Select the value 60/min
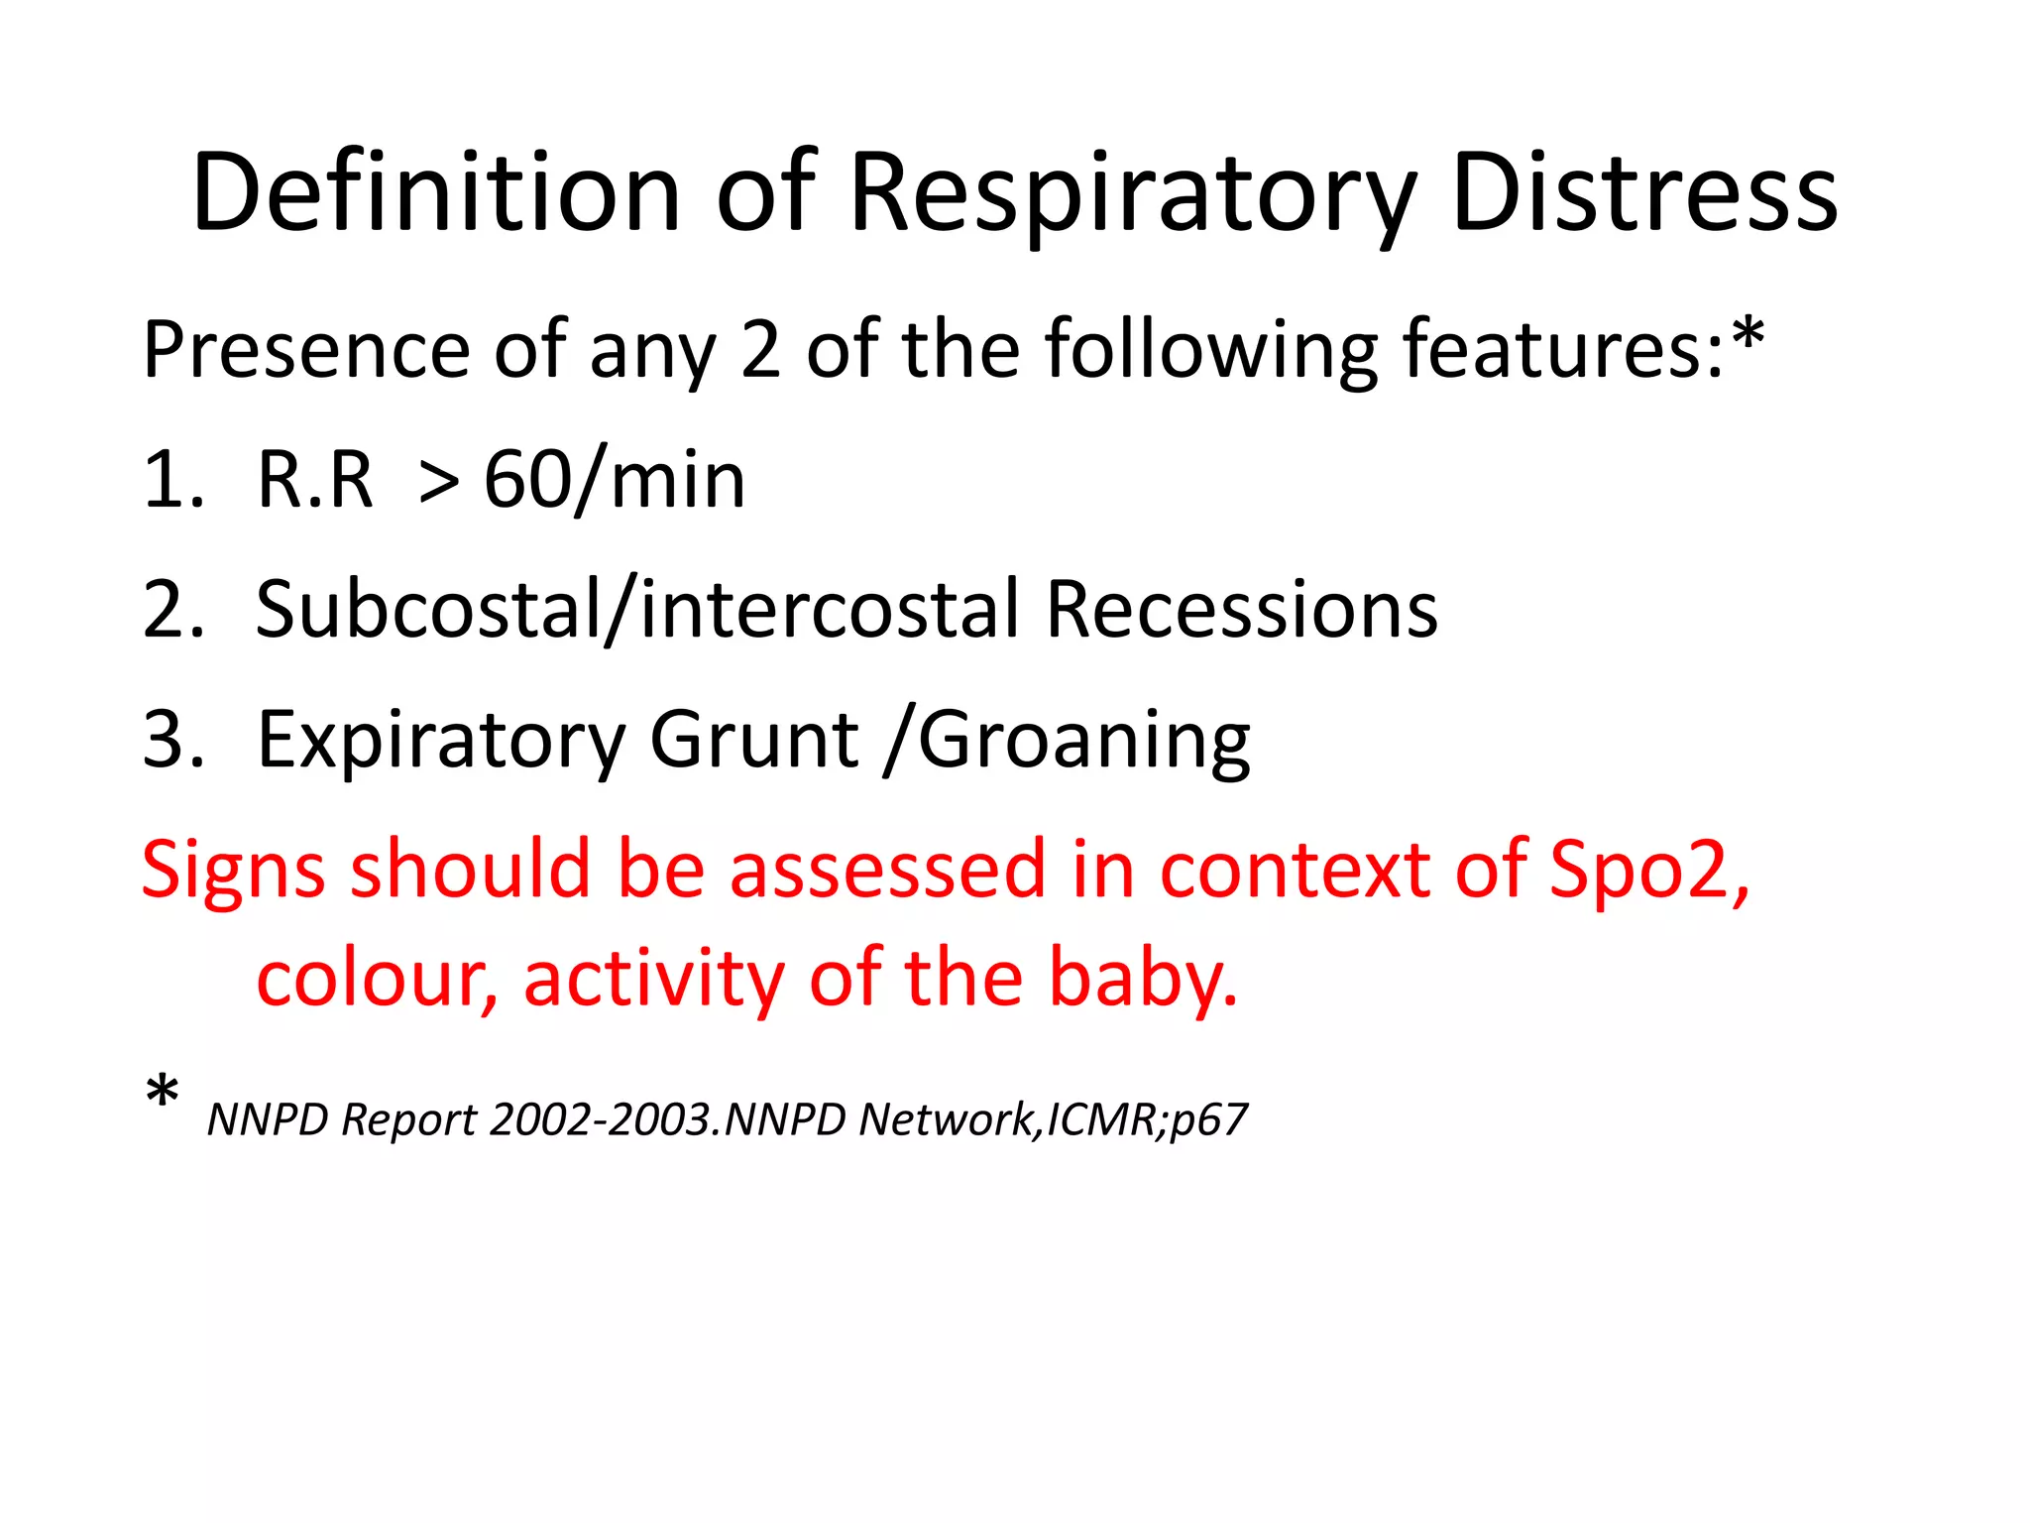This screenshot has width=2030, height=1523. click(x=614, y=480)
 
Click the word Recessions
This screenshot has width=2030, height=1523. click(x=1241, y=609)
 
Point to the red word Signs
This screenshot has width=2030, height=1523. click(x=233, y=870)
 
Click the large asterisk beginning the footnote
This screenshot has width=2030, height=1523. click(x=162, y=1095)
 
